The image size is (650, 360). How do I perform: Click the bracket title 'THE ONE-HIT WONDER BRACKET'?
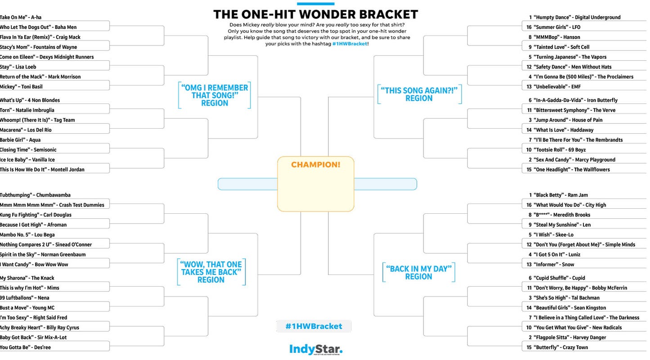(315, 14)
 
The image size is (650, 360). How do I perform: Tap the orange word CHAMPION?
(315, 165)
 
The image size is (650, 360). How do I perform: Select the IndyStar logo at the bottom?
(315, 349)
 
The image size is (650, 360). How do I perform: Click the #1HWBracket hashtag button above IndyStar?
(314, 326)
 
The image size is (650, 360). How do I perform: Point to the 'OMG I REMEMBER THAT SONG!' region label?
(215, 95)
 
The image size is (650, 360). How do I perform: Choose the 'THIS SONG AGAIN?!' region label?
(419, 94)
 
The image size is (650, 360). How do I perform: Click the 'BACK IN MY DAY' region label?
(418, 273)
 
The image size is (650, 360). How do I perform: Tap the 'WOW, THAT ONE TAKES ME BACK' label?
(211, 272)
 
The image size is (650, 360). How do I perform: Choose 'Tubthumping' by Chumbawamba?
(35, 195)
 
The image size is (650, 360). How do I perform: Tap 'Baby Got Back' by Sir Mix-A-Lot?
(33, 337)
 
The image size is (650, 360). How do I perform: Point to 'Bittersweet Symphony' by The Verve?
(574, 110)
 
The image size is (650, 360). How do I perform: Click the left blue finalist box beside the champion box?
(247, 184)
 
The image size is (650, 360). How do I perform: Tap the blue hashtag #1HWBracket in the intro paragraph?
(350, 44)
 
